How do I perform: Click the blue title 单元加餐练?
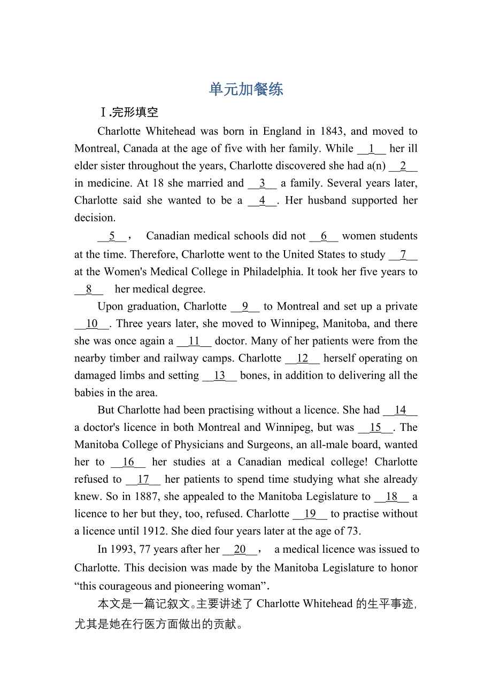(246, 89)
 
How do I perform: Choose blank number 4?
(262, 200)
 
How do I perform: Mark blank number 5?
(112, 236)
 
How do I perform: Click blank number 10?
(92, 323)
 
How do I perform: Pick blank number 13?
(219, 375)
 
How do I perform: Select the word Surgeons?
(268, 445)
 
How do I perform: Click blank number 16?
(128, 462)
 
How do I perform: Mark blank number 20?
(240, 549)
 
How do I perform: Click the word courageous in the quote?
(129, 586)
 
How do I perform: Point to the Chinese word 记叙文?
(167, 604)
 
